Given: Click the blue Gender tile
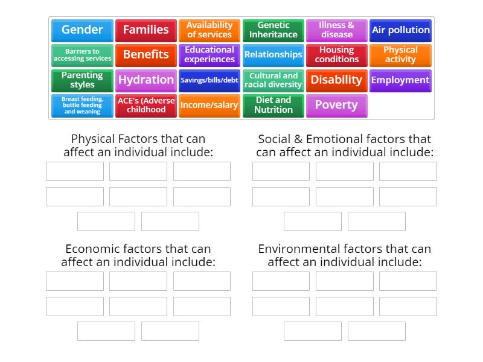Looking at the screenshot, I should click(x=82, y=30).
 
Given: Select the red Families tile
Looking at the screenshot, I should click(x=146, y=30).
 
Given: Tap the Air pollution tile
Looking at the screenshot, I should click(x=400, y=30).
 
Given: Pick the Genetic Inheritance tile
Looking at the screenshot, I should click(x=273, y=30).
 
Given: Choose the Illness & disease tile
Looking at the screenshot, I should click(x=336, y=30).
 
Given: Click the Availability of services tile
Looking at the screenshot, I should click(x=210, y=30).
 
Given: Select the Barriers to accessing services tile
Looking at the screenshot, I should click(x=82, y=55).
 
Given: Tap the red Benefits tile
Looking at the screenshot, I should click(x=146, y=55).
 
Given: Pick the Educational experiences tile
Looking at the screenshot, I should click(x=210, y=55).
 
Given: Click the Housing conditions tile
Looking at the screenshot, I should click(x=336, y=55).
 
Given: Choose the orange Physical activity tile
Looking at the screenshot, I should click(x=400, y=55).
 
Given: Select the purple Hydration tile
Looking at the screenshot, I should click(x=146, y=80).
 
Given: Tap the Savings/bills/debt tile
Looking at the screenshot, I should click(x=210, y=80).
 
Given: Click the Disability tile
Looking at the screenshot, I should click(x=336, y=80).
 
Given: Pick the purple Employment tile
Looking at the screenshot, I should click(x=400, y=80).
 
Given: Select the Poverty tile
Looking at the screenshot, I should click(x=336, y=105).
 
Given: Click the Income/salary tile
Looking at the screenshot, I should click(x=210, y=105).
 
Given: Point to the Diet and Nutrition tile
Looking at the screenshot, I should click(x=273, y=105).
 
